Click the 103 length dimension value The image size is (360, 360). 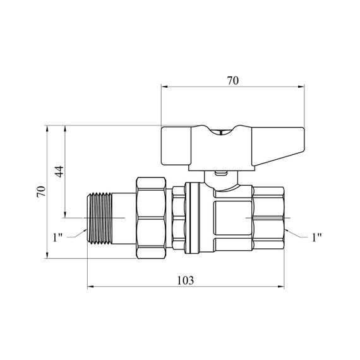coord(185,280)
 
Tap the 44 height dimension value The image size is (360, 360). coord(59,172)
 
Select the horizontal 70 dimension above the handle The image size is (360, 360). coord(233,81)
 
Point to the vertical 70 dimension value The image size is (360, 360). coord(41,191)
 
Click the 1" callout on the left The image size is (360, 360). coord(57,237)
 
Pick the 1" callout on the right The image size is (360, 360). coord(316,237)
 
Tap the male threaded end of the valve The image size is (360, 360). coord(100,218)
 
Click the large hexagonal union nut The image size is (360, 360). coord(151,218)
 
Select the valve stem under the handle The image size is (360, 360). coord(221,180)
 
